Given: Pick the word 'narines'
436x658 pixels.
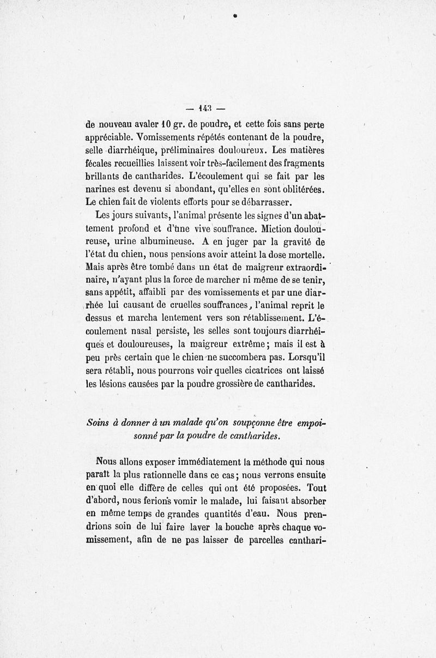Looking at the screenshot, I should [x=102, y=190].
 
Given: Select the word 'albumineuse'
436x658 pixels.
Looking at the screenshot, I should [x=155, y=242].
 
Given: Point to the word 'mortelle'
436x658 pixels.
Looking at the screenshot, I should [x=302, y=254].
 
